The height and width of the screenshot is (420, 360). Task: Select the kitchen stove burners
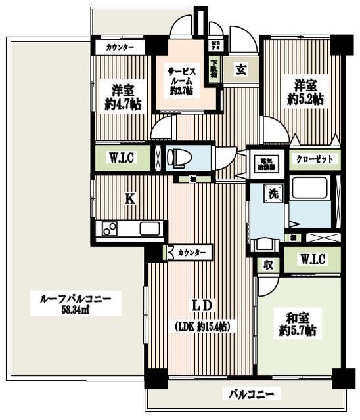tap(110, 229)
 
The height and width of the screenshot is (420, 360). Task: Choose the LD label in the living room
tap(200, 306)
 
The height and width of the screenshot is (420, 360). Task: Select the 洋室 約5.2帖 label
tap(305, 92)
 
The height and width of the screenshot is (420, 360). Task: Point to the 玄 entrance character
tap(240, 68)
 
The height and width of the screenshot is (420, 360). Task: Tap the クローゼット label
tap(313, 159)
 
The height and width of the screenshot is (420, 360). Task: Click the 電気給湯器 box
tap(267, 163)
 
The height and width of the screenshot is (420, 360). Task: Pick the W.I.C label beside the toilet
tap(123, 157)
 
